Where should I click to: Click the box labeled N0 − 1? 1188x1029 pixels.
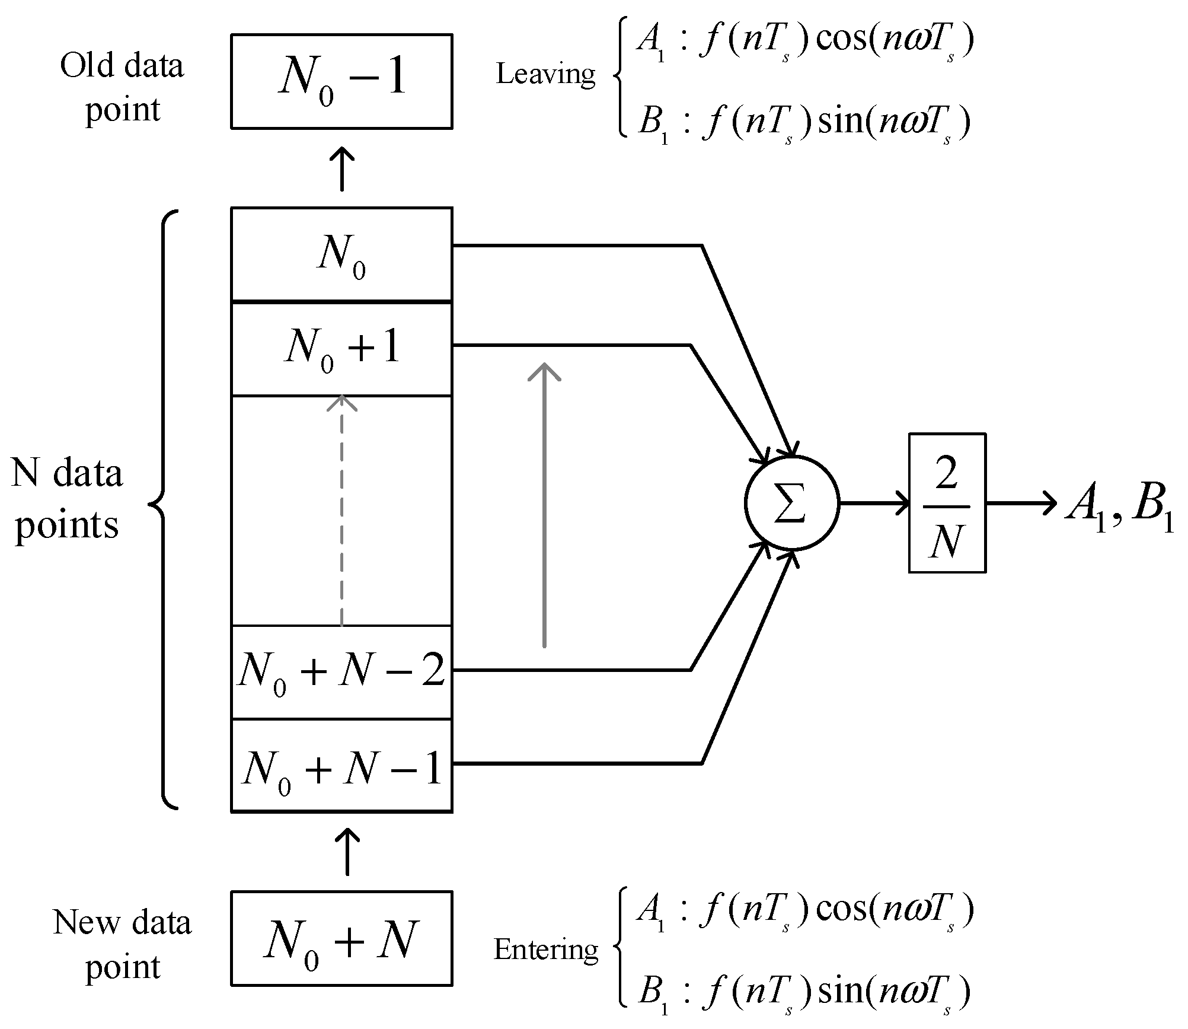pyautogui.click(x=341, y=81)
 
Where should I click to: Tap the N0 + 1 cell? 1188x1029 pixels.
pyautogui.click(x=341, y=349)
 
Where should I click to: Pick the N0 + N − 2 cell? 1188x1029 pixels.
pyautogui.click(x=341, y=672)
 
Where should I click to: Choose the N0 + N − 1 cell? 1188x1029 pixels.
pyautogui.click(x=341, y=766)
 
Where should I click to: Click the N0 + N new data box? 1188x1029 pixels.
pyautogui.click(x=341, y=938)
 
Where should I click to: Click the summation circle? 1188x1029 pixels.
pyautogui.click(x=791, y=504)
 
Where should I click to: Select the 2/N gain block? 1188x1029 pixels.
pyautogui.click(x=947, y=503)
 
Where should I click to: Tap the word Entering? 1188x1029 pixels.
pyautogui.click(x=545, y=950)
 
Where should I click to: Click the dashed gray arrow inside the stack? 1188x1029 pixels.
pyautogui.click(x=342, y=510)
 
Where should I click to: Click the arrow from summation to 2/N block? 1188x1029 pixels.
pyautogui.click(x=874, y=504)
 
